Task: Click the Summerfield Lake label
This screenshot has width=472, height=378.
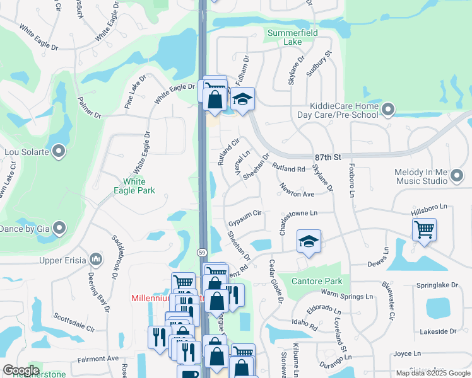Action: (x=285, y=37)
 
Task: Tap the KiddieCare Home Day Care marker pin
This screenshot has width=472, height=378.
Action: (x=387, y=111)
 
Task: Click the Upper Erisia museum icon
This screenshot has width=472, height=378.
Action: (x=95, y=258)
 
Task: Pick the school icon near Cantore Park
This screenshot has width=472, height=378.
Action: (x=308, y=241)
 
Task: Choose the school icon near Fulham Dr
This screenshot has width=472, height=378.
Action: (x=242, y=99)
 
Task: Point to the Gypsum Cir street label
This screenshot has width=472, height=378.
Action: (x=245, y=219)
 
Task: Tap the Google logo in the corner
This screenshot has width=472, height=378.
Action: (x=21, y=370)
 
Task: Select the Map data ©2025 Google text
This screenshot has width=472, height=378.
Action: (x=433, y=373)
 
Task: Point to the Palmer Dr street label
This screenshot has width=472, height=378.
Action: (x=89, y=107)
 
